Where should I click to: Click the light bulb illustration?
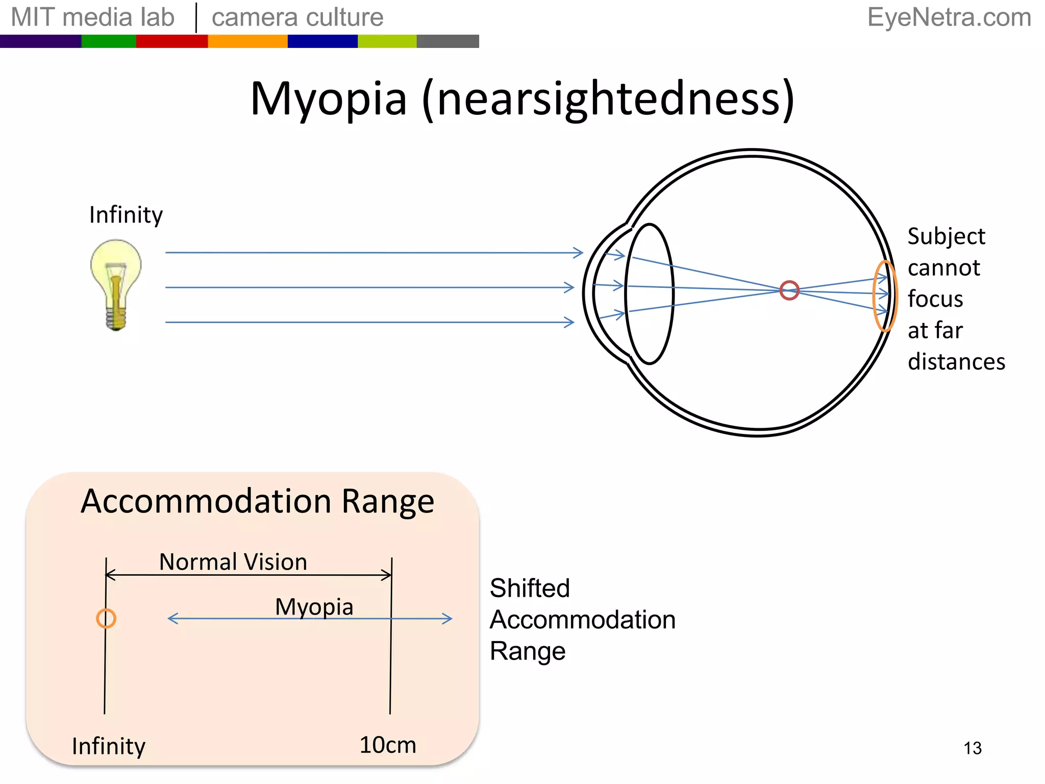116,284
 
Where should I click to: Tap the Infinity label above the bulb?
126,215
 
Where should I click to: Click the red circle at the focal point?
789,290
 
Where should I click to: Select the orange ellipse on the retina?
884,296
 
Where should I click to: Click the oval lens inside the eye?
649,294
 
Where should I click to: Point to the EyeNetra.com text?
949,17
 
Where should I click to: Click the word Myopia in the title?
329,99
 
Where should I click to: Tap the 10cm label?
388,745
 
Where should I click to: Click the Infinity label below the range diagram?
108,746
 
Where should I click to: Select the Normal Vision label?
233,562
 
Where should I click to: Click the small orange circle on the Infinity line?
106,619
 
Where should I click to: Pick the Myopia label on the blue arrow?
314,607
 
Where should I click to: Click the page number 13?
973,748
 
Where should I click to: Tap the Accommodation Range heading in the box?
257,501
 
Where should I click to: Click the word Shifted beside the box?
530,588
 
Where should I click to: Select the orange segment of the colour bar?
247,41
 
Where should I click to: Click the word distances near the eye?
956,362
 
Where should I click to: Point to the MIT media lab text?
92,17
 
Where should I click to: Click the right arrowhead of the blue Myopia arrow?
447,619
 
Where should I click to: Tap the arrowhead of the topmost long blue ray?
579,253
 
